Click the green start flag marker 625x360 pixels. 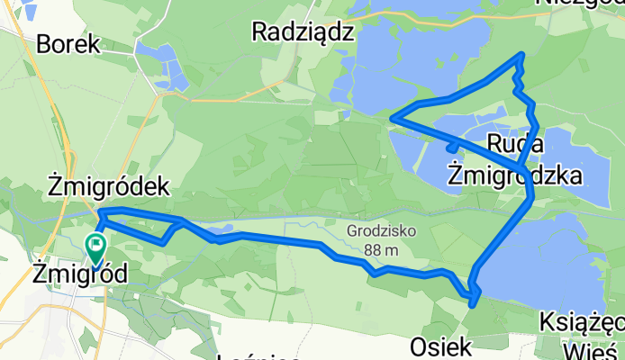pyautogui.click(x=95, y=245)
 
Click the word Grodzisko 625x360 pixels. pyautogui.click(x=382, y=230)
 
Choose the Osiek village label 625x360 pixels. pyautogui.click(x=440, y=346)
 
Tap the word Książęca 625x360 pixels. pyautogui.click(x=584, y=321)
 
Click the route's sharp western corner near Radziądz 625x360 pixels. pyautogui.click(x=391, y=117)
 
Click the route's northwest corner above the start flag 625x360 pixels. pyautogui.click(x=99, y=211)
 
